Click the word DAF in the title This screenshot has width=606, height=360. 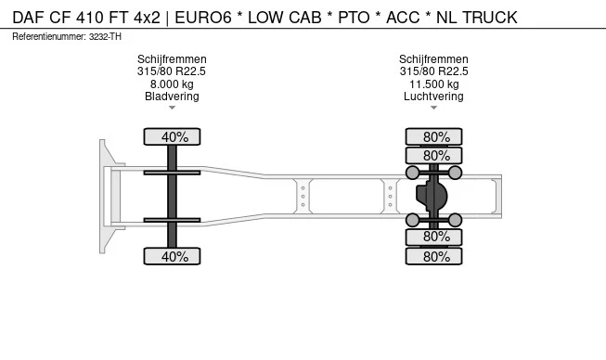30,18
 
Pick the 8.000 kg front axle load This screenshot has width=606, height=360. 172,84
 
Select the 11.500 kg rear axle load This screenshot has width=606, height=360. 433,84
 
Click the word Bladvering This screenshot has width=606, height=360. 172,96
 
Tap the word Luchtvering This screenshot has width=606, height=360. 433,96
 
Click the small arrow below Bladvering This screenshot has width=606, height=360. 172,109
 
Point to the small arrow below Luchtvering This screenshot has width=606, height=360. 433,109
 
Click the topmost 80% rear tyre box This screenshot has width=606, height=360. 433,137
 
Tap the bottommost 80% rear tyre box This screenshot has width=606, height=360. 433,257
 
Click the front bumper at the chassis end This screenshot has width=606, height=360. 107,196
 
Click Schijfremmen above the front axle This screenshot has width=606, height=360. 172,59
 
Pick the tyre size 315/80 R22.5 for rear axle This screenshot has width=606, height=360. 433,71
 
